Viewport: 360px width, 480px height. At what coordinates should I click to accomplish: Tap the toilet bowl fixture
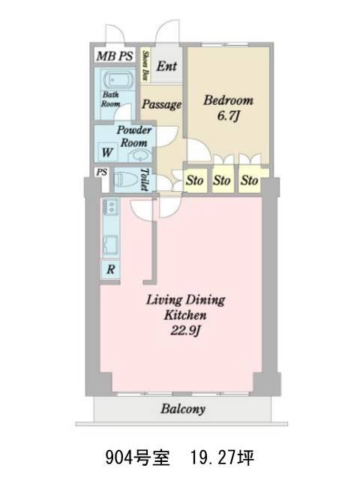[x=126, y=179]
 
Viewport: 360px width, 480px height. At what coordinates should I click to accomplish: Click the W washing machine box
[x=106, y=152]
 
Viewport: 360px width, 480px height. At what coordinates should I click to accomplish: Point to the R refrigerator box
[x=110, y=269]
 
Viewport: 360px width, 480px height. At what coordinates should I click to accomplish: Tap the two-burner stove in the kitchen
[x=111, y=207]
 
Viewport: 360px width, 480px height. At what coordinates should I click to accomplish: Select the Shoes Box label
[x=145, y=65]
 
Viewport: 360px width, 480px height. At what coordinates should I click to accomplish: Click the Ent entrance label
[x=166, y=66]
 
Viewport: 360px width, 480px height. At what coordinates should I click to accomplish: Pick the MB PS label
[x=115, y=56]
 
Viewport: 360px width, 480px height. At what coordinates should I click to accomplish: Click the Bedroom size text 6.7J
[x=228, y=116]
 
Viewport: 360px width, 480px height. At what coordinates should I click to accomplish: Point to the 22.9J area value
[x=185, y=331]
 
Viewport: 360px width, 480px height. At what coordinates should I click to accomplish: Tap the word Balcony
[x=183, y=409]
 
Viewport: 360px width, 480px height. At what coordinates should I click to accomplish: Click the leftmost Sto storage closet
[x=195, y=180]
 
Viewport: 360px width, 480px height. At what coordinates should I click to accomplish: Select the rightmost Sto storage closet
[x=249, y=180]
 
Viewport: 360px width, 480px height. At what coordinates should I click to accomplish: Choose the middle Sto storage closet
[x=222, y=180]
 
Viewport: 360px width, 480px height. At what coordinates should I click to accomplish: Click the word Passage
[x=162, y=104]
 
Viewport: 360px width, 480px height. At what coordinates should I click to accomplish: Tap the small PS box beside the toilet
[x=102, y=172]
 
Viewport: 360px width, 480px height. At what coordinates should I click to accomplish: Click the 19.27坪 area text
[x=223, y=458]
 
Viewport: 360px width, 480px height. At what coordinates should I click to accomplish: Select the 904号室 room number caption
[x=138, y=458]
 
